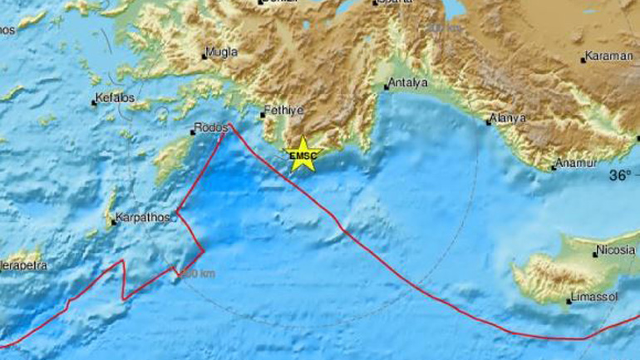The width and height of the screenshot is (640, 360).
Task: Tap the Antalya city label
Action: pos(409,84)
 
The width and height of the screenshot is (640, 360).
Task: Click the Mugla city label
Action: pos(223,52)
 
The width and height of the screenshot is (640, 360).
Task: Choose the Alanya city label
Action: pos(510,118)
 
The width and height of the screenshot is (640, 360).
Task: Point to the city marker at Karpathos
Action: pos(114,222)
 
